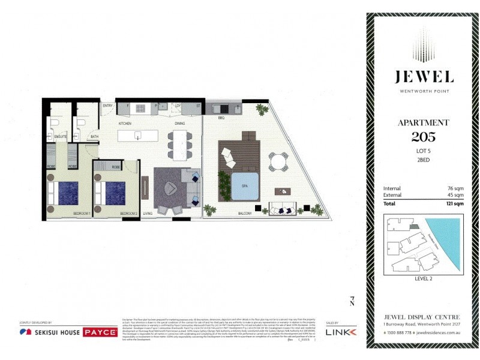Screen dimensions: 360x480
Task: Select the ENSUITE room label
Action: (x=60, y=137)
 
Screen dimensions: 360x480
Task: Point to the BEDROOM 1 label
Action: (x=82, y=214)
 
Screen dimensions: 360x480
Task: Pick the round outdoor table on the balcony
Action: (x=279, y=161)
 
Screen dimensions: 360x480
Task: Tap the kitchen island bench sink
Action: (x=138, y=135)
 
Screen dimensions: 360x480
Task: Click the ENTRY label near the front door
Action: (x=108, y=106)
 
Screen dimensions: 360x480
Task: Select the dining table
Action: (x=178, y=143)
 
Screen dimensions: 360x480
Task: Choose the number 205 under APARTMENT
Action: (x=424, y=136)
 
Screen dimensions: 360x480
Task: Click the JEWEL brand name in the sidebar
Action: (x=424, y=77)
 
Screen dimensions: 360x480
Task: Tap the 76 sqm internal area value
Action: (x=455, y=189)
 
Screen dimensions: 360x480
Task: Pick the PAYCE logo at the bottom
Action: (x=100, y=332)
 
